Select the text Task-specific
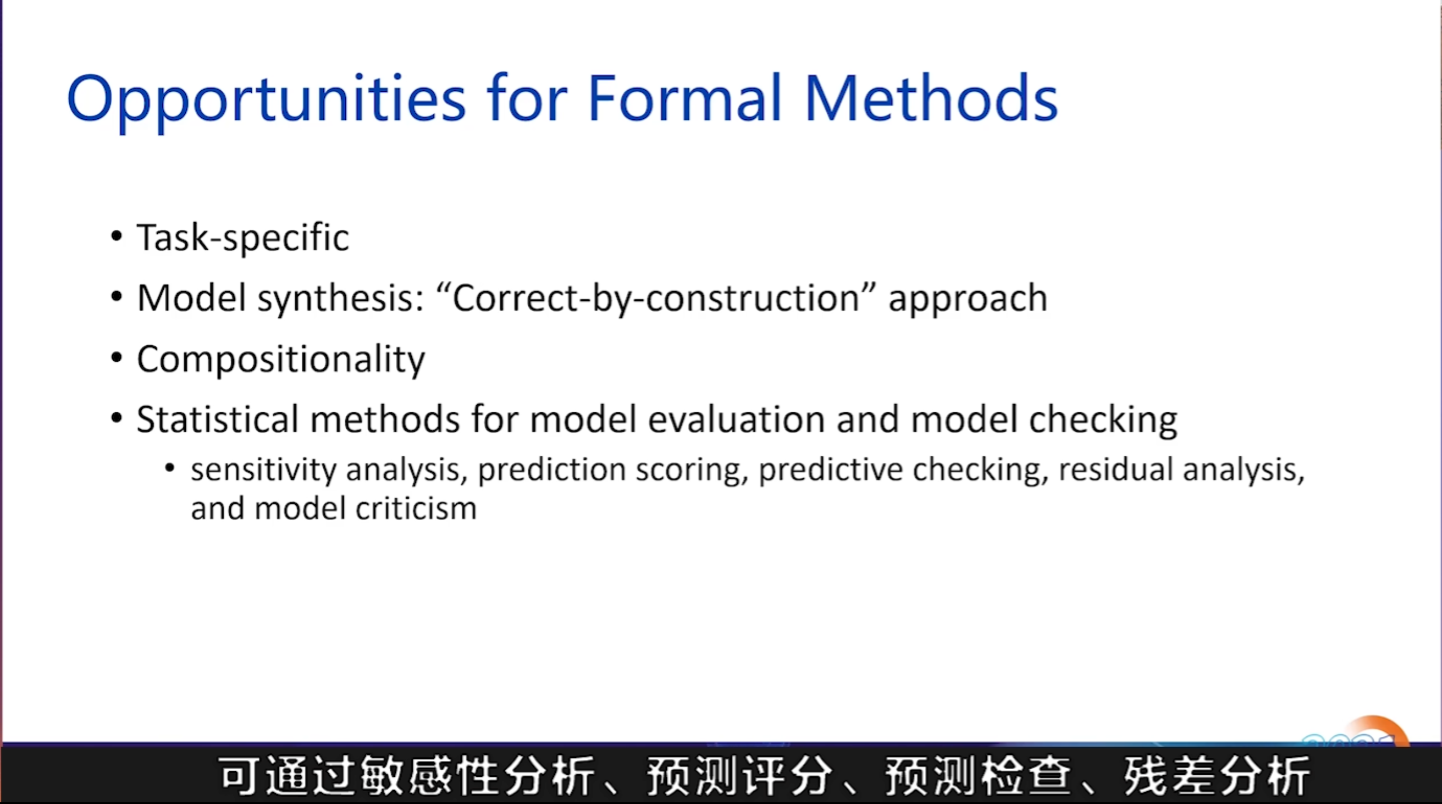[243, 238]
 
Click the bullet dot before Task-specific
[117, 236]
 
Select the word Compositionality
[281, 360]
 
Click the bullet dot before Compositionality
[117, 357]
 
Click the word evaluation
[737, 419]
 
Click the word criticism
[416, 508]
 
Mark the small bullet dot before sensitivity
[170, 468]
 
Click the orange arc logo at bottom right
[1375, 727]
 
